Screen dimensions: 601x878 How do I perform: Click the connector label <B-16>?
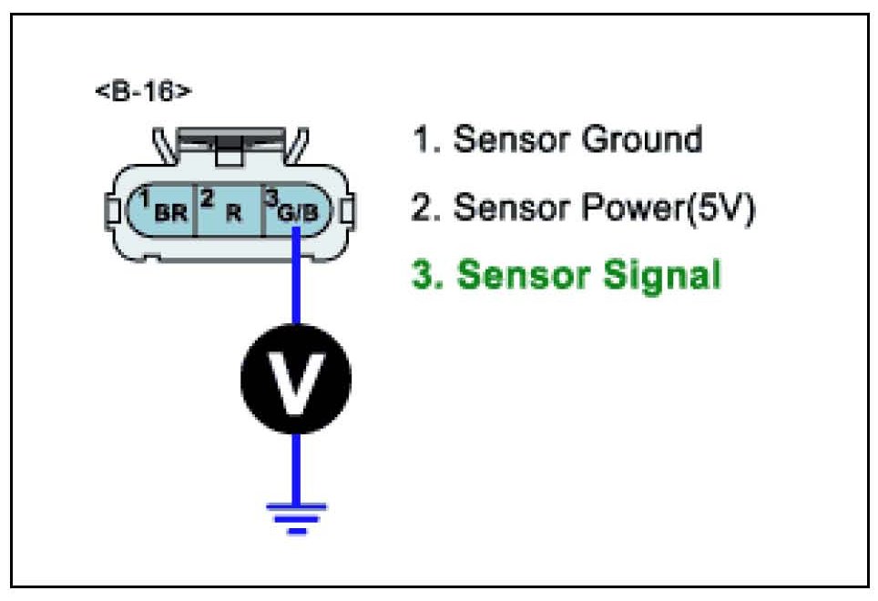(x=144, y=94)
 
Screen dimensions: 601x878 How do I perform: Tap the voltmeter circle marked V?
(x=295, y=374)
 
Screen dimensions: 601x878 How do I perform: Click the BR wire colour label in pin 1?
(x=170, y=216)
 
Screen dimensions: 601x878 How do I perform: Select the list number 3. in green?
(x=426, y=275)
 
